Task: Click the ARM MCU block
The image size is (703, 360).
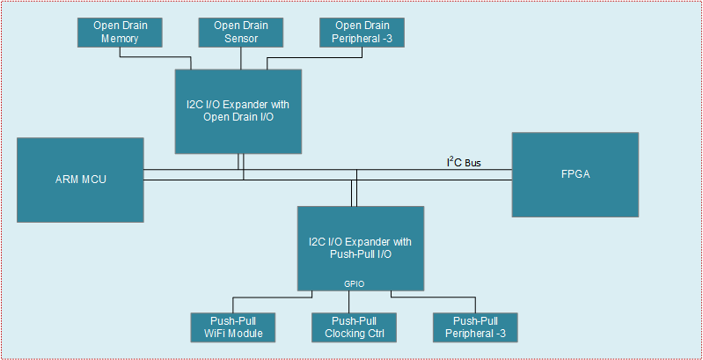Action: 80,179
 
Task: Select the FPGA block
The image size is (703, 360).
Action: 575,173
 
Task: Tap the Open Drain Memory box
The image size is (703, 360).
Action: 121,32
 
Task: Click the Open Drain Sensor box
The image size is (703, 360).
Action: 239,32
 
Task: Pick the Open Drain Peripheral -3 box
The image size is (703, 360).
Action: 361,32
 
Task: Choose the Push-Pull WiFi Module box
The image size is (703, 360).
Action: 234,327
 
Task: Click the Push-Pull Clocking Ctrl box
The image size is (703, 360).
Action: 354,327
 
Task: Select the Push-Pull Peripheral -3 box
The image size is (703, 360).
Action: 475,327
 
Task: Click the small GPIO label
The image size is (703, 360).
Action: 354,283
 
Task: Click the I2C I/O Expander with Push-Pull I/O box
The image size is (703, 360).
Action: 360,247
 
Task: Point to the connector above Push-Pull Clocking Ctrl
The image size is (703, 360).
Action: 354,301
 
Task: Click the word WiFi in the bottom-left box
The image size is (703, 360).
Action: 221,334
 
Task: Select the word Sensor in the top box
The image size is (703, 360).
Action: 239,38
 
